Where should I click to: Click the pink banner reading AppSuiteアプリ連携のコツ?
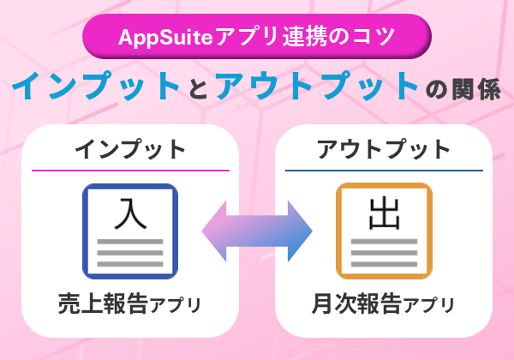pos(256,37)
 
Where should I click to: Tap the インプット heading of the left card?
pos(130,149)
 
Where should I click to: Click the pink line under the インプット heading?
pos(130,171)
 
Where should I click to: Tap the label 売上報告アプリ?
pos(130,303)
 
